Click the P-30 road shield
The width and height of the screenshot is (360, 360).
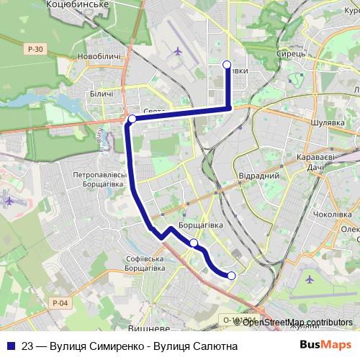[x=35, y=49]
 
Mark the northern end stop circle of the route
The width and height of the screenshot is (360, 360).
[x=228, y=65]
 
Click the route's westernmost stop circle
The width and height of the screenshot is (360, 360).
[x=132, y=119]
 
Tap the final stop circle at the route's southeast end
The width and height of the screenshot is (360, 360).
[x=232, y=276]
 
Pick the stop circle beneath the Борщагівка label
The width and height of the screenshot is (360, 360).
[x=194, y=243]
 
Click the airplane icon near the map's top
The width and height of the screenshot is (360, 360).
[x=178, y=50]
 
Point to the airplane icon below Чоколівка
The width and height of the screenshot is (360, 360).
[x=310, y=278]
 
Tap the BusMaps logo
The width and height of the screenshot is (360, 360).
[x=325, y=345]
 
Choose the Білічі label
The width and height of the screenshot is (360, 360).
[x=102, y=94]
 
